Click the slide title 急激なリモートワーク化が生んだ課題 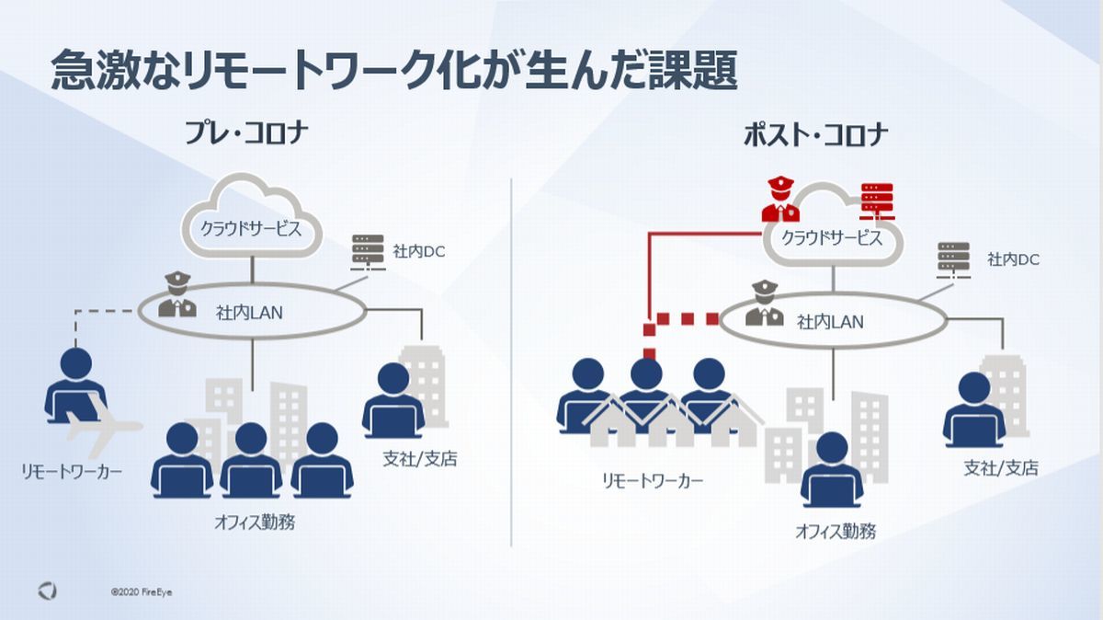click(x=394, y=70)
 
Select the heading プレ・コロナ click(x=246, y=132)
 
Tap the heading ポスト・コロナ click(x=815, y=134)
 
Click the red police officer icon click(x=780, y=199)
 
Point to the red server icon click(x=877, y=201)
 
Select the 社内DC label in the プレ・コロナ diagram click(x=418, y=252)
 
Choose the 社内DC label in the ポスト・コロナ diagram click(x=1013, y=259)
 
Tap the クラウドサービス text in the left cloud click(x=251, y=229)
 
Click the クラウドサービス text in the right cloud click(x=832, y=238)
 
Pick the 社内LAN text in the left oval click(x=249, y=313)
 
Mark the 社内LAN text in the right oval click(x=830, y=322)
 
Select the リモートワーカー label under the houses click(x=653, y=481)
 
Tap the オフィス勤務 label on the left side click(x=255, y=522)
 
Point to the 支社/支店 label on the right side click(x=1001, y=468)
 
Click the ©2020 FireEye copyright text click(x=142, y=591)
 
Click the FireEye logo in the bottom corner click(x=47, y=591)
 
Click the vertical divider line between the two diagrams click(x=511, y=362)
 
